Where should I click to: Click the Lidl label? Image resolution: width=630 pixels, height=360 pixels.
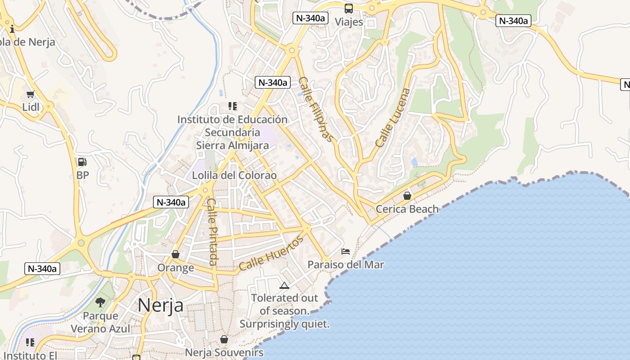pos(31,107)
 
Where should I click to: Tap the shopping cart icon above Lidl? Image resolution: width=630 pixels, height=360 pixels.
pos(31,94)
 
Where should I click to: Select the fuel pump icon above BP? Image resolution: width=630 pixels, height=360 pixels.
pos(82,162)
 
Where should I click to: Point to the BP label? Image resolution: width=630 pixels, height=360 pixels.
pos(83,175)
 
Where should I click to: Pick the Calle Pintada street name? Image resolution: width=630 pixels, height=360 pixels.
pos(212,232)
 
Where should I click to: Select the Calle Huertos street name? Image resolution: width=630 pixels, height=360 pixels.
pos(271,253)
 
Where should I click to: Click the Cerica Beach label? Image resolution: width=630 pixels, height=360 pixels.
pos(407,209)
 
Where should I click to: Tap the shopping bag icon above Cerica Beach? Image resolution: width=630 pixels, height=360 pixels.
pos(407,196)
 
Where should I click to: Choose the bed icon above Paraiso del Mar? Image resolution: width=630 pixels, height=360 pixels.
pos(346,251)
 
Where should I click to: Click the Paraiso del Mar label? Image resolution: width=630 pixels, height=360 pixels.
pos(346,264)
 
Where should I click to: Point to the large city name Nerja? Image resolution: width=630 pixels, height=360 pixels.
pos(161,305)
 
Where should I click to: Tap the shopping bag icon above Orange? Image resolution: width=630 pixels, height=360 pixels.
pos(175,255)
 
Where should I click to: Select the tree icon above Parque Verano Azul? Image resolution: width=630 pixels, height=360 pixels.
pos(100,302)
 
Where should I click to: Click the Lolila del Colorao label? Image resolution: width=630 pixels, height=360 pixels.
pos(234,175)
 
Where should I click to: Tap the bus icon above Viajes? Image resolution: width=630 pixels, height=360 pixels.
pos(349,8)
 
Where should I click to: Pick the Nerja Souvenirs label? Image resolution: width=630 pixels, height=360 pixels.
pos(224,352)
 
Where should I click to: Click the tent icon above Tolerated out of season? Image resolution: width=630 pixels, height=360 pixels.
pos(284,285)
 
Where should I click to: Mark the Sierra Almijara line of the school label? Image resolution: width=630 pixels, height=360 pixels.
pos(232,145)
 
